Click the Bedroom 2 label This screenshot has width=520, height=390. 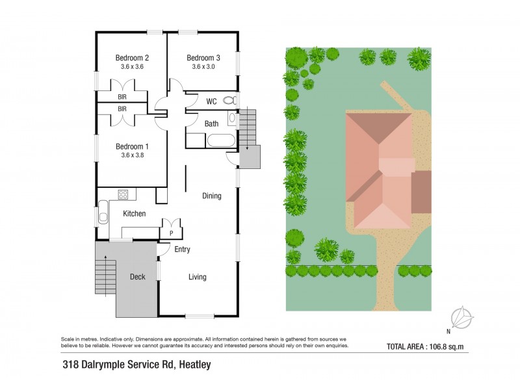tap(133, 57)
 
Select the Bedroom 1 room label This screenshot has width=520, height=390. tap(133, 146)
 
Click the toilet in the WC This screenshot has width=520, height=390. tap(227, 101)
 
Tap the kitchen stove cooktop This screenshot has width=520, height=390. tap(122, 194)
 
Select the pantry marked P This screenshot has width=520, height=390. tap(171, 232)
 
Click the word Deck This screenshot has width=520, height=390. tap(137, 277)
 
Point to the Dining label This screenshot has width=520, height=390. tap(211, 196)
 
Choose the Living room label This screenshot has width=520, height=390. tap(198, 277)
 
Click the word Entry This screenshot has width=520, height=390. tap(182, 250)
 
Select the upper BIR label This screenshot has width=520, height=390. tap(122, 97)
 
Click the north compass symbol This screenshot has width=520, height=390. tap(461, 318)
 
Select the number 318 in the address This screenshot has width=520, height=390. tap(70, 365)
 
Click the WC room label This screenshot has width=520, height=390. tap(211, 101)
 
